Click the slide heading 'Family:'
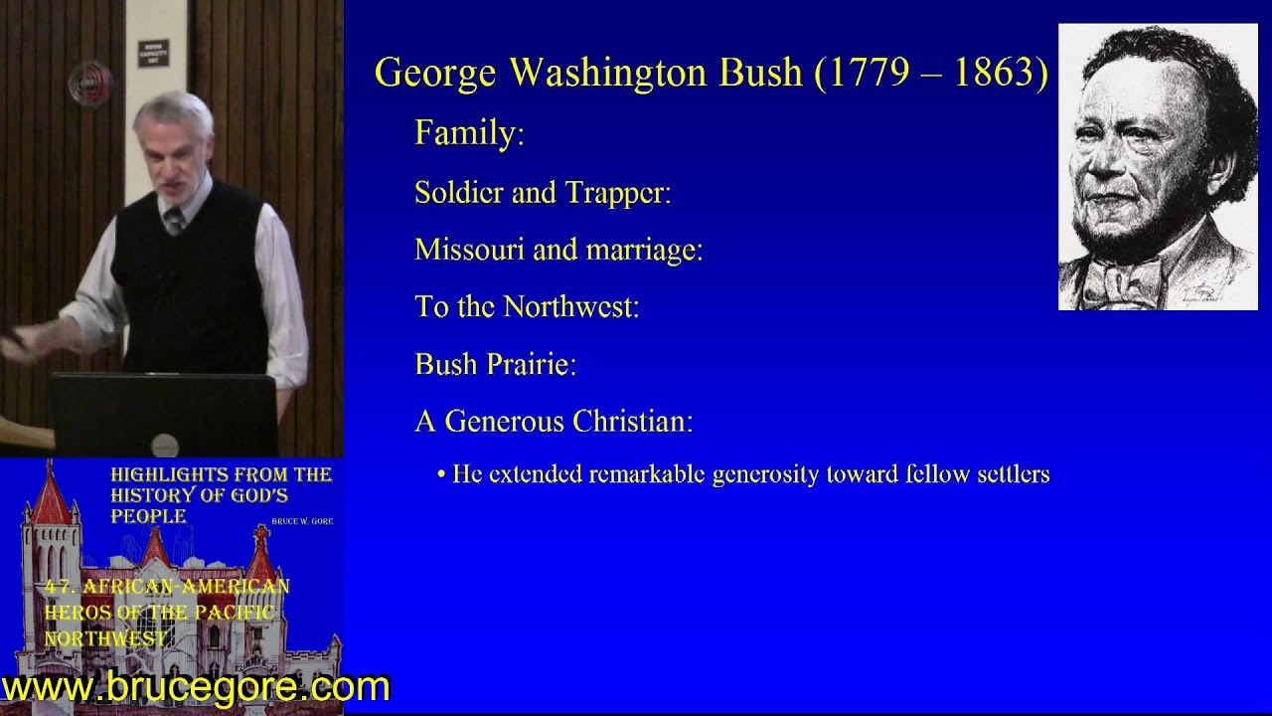[469, 133]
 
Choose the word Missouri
[469, 250]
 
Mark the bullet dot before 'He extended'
[441, 475]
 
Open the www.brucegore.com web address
[197, 687]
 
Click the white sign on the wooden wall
[152, 53]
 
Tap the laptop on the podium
[164, 414]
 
